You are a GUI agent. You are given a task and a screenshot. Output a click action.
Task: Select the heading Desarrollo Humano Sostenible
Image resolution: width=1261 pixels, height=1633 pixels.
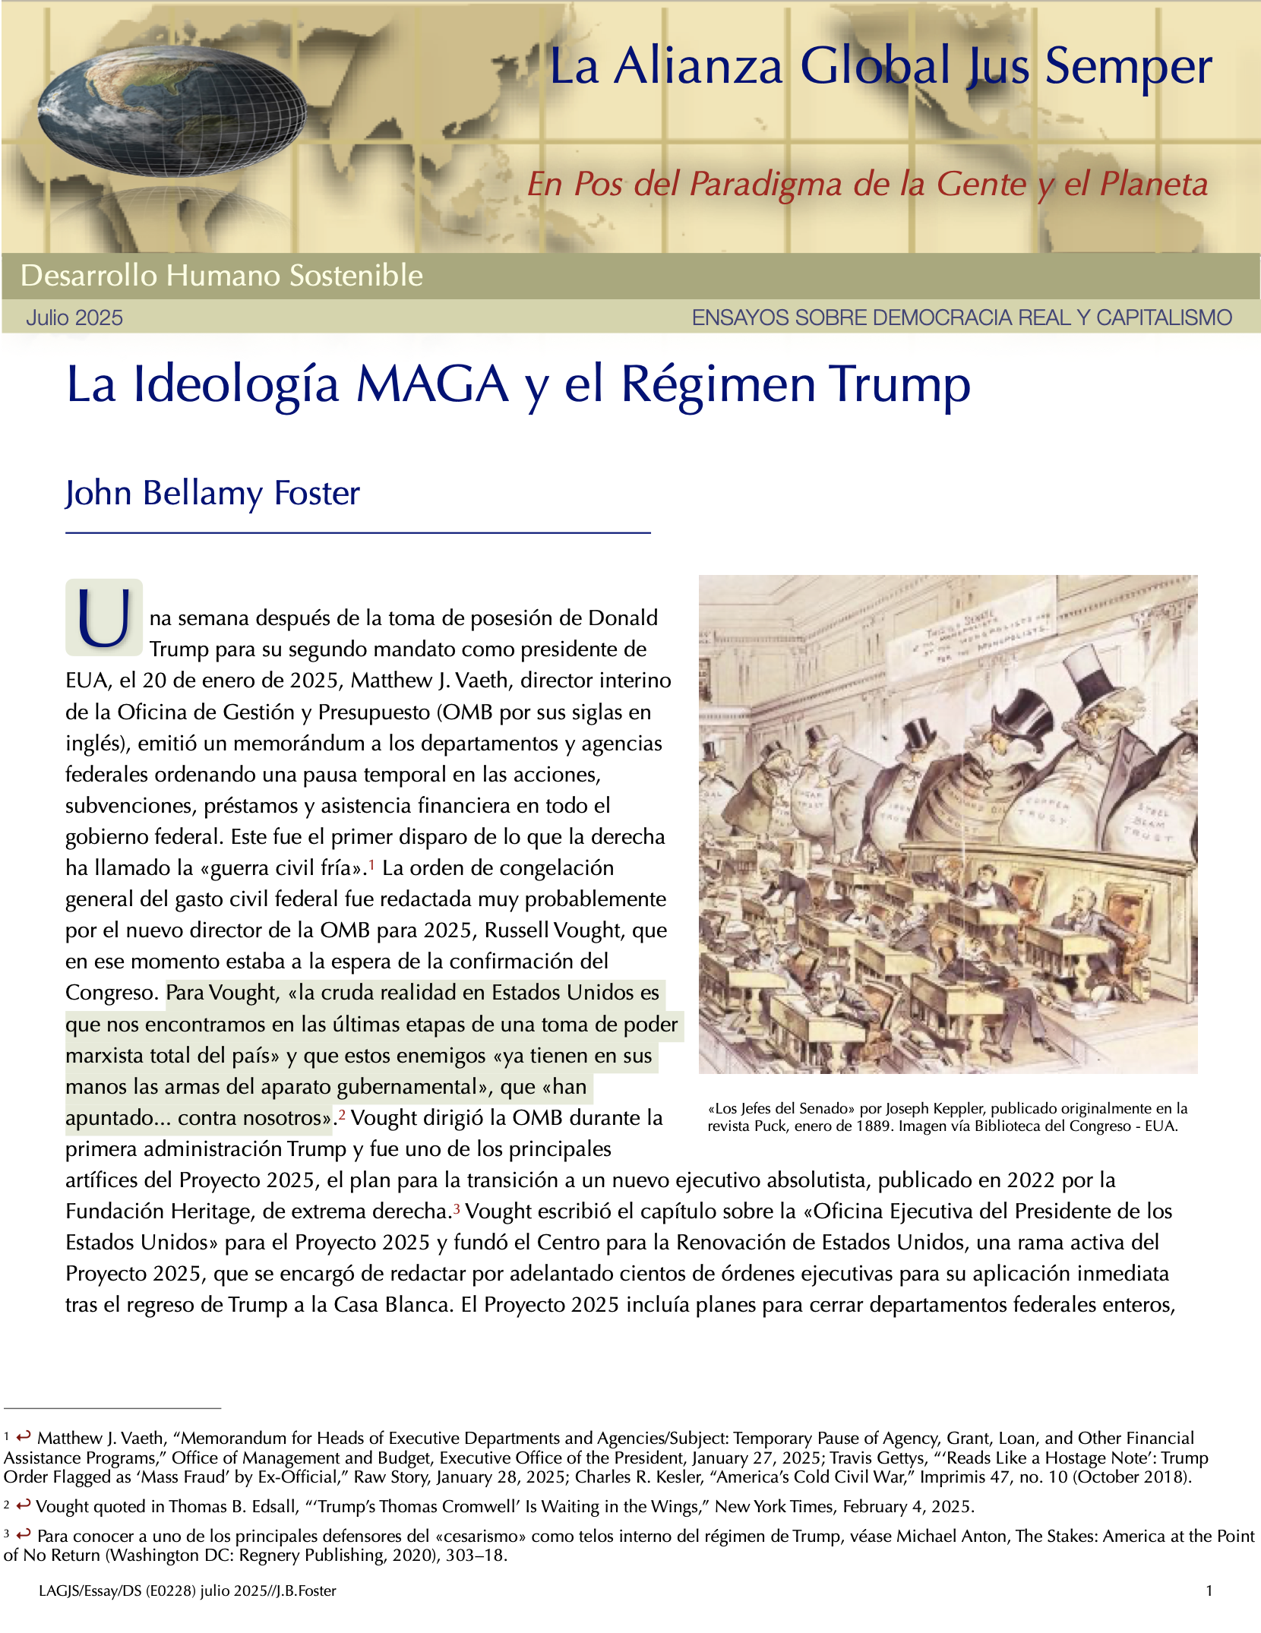coord(221,276)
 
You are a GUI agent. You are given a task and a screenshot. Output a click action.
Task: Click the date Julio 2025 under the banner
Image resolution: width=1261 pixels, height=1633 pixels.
coord(74,317)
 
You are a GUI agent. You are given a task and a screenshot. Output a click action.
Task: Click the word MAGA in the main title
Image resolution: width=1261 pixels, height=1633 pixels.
coord(432,384)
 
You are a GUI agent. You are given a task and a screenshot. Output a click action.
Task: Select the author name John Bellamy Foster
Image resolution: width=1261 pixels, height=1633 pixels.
coord(212,493)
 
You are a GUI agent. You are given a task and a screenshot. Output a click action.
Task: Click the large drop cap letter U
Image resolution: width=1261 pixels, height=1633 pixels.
coord(104,618)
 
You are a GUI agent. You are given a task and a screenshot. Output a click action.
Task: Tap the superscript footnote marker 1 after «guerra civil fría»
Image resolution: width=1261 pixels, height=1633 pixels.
coord(371,864)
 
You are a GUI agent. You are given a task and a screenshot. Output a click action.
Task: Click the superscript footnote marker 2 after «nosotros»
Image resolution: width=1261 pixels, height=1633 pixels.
coord(342,1114)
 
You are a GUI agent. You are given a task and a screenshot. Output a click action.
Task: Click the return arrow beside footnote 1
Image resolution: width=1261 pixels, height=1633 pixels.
coord(24,1436)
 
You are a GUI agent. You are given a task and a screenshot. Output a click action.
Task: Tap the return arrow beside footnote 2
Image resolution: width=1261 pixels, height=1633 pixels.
coord(23,1505)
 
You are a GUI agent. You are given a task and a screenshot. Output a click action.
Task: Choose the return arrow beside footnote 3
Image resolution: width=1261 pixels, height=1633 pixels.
coord(24,1534)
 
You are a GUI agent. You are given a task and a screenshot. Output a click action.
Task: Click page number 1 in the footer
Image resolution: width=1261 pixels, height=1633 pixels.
coord(1209,1590)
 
